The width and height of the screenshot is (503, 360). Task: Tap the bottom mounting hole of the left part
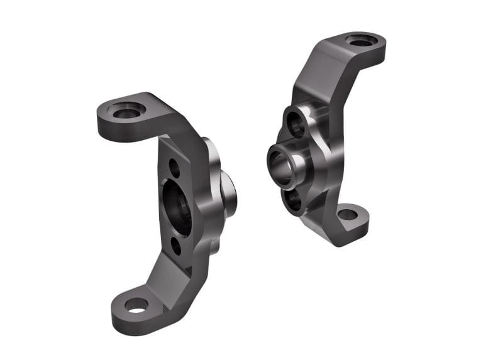[136, 305]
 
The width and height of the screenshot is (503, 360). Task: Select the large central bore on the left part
[179, 207]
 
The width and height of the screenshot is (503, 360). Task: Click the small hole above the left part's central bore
[174, 168]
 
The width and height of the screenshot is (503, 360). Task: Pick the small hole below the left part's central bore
[176, 246]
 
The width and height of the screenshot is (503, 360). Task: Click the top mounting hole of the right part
[362, 41]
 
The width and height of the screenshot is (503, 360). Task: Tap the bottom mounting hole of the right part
[348, 214]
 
